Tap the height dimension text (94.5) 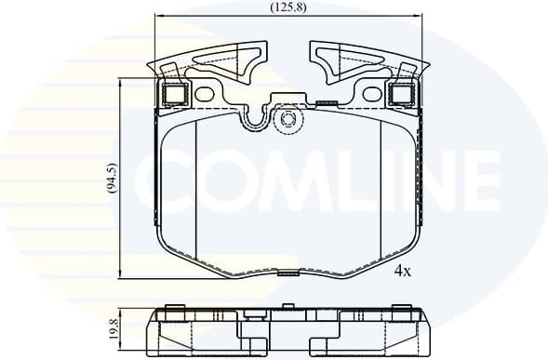(x=112, y=179)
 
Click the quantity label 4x (x=402, y=271)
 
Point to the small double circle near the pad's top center (x=287, y=118)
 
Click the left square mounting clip (x=175, y=94)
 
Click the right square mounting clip (x=402, y=94)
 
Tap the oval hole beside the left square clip (x=205, y=94)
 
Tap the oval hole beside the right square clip (x=373, y=94)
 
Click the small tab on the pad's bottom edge (x=289, y=273)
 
